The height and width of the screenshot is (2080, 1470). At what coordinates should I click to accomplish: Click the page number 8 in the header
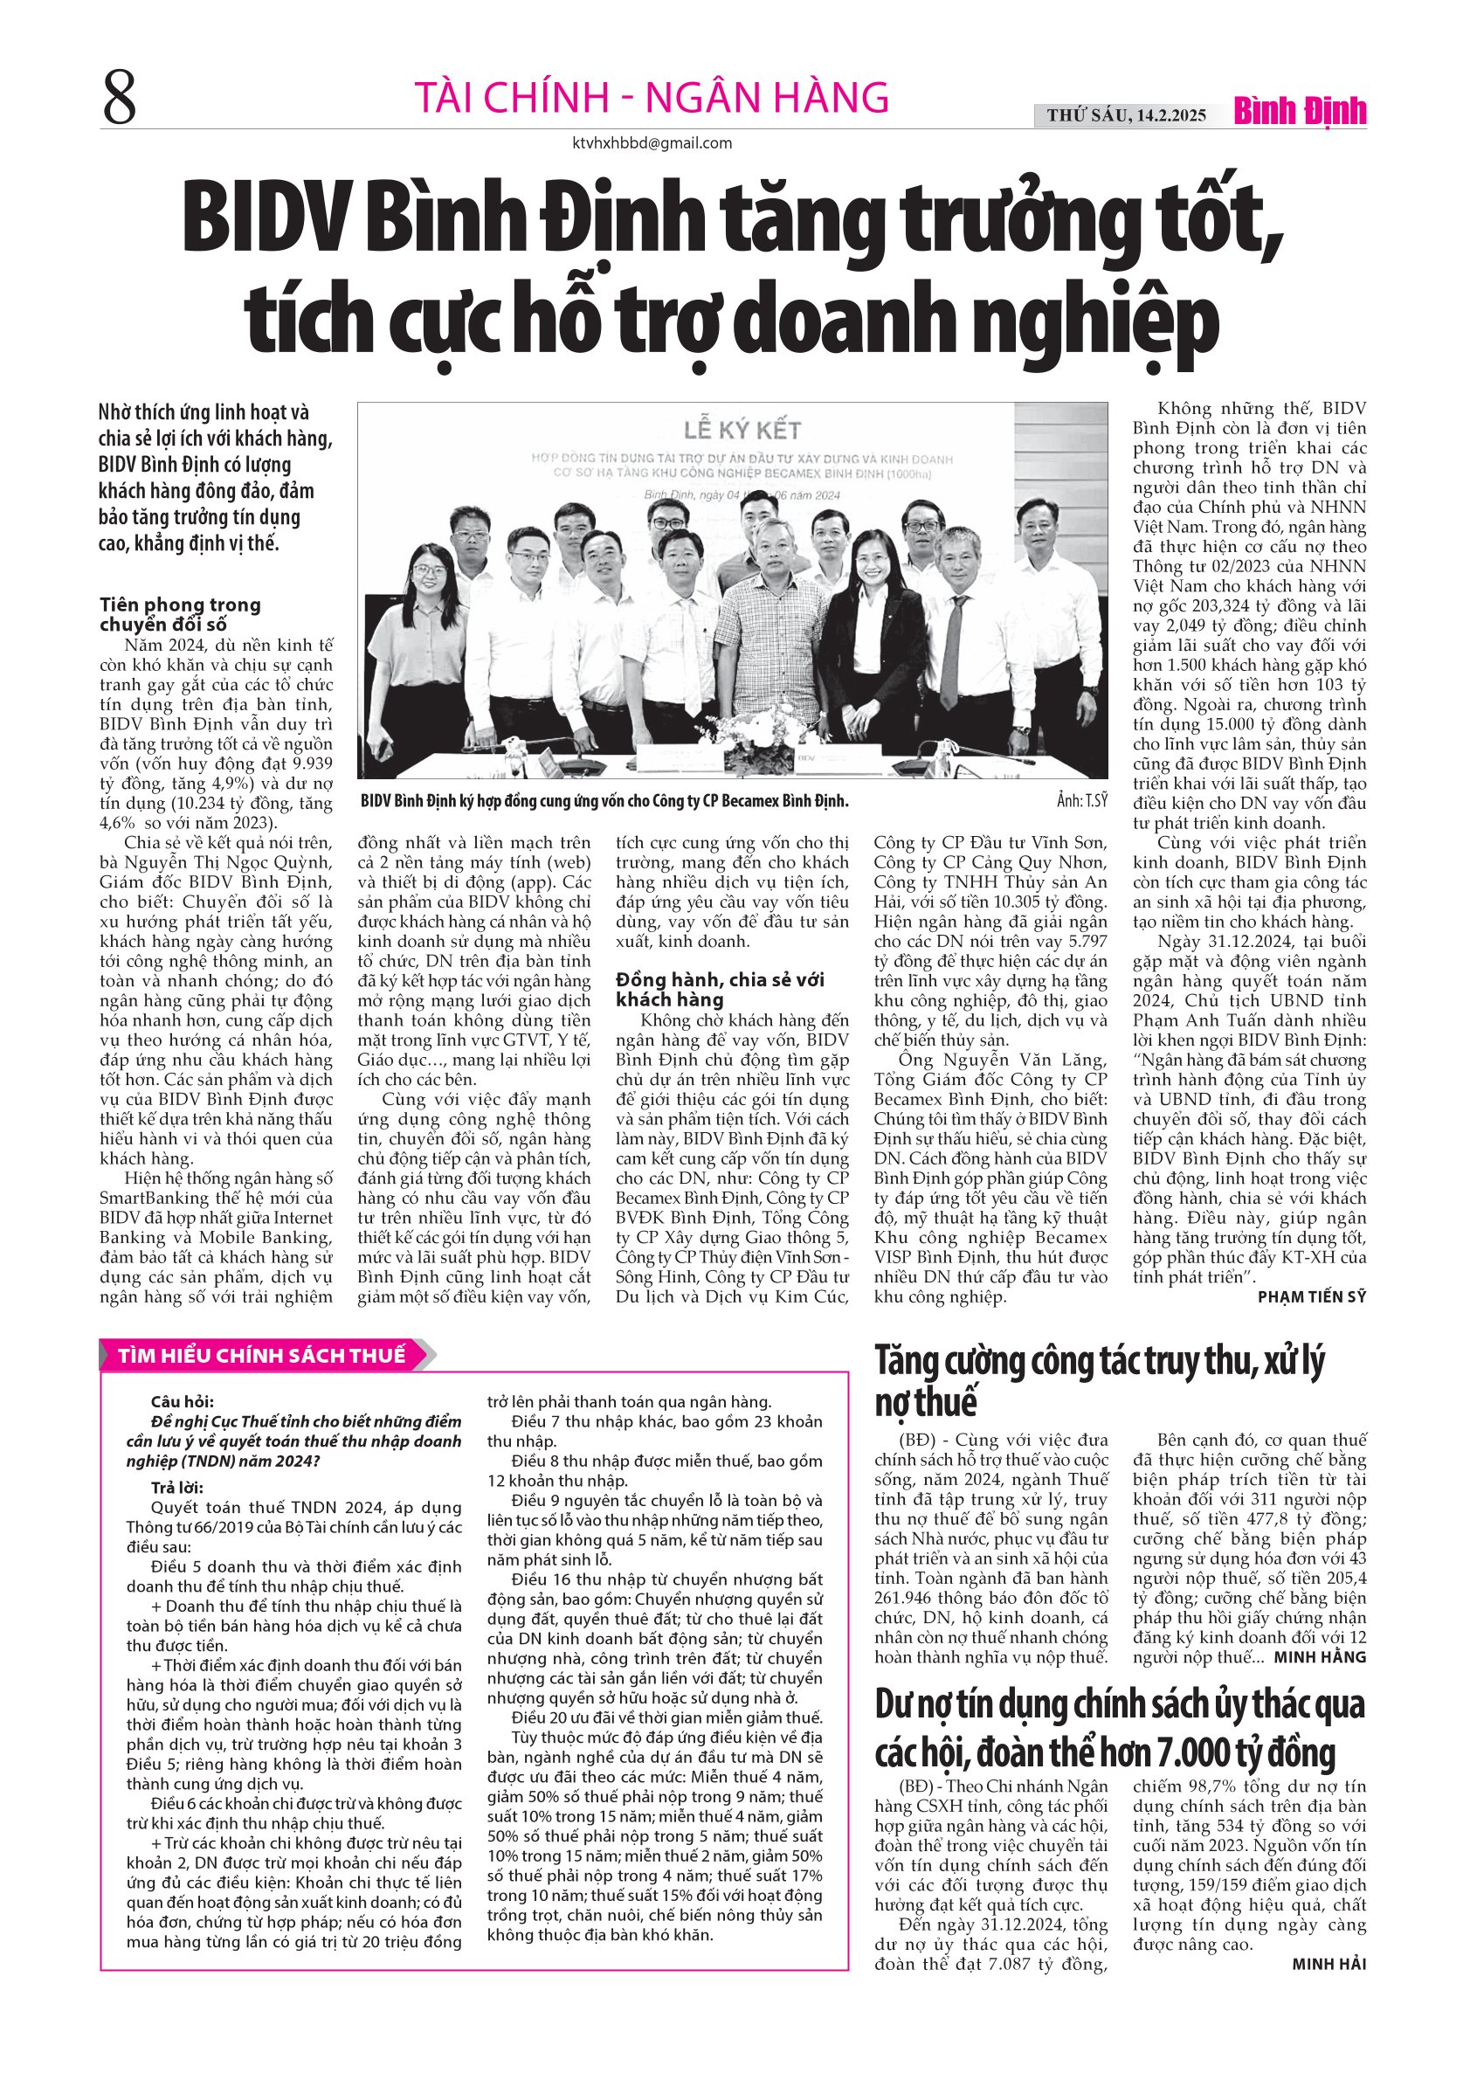[x=120, y=100]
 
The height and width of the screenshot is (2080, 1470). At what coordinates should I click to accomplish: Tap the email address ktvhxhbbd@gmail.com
[x=652, y=143]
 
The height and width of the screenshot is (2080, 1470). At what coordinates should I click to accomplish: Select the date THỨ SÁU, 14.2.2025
[x=1126, y=115]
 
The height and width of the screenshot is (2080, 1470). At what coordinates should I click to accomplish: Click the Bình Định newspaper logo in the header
[x=1300, y=113]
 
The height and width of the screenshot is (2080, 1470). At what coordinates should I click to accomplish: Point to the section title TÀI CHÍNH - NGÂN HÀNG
[x=652, y=98]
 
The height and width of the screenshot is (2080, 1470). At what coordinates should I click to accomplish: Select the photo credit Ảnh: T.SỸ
[x=1081, y=801]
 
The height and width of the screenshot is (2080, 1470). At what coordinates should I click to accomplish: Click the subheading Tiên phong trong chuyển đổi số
[x=179, y=614]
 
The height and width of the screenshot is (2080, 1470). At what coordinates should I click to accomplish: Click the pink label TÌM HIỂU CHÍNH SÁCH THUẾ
[x=262, y=1355]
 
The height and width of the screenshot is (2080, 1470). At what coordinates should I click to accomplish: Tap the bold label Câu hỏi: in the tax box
[x=183, y=1402]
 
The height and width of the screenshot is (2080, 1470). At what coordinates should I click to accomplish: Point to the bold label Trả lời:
[x=177, y=1488]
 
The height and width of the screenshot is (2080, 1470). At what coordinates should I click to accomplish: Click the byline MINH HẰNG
[x=1320, y=1657]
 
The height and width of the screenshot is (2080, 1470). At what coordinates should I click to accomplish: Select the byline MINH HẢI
[x=1329, y=1964]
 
